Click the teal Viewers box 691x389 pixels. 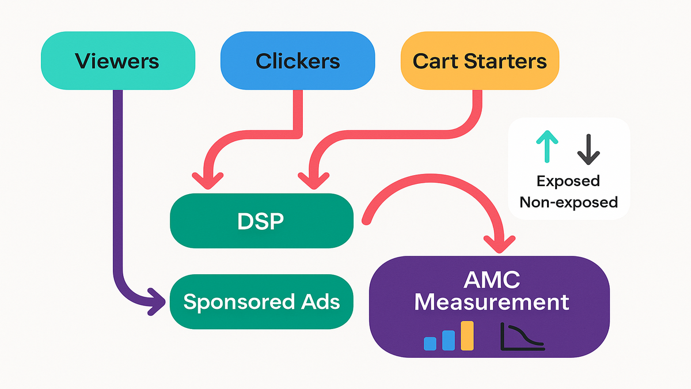[117, 61]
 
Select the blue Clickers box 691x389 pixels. [298, 61]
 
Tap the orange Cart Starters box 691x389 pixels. [480, 61]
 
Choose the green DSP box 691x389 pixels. [261, 221]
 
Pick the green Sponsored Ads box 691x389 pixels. [262, 301]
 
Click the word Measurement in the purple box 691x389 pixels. [492, 301]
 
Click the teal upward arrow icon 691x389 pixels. [547, 146]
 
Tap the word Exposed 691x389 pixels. [568, 181]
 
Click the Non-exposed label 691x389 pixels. [568, 202]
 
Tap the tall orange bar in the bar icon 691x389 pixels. [466, 335]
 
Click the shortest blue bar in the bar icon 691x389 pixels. [430, 343]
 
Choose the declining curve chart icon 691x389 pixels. [522, 337]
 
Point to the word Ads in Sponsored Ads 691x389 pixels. [320, 301]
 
